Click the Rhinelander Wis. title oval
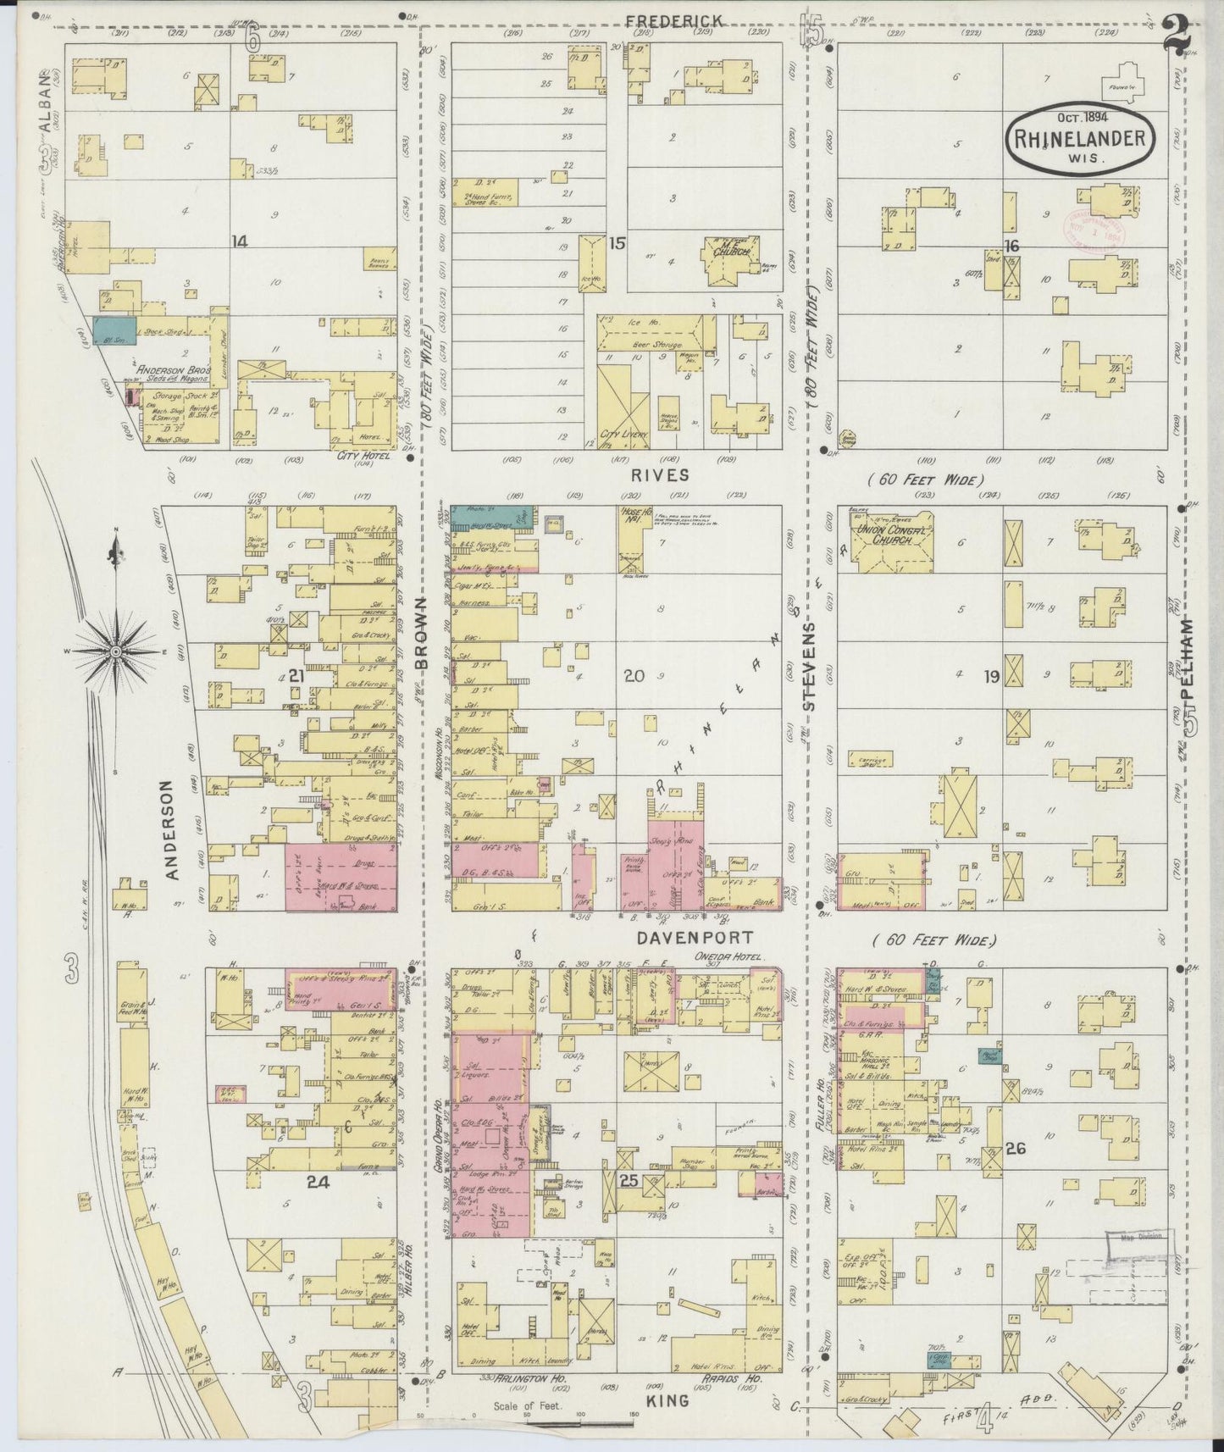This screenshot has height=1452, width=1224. [1082, 138]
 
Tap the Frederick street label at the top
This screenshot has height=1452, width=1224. [674, 20]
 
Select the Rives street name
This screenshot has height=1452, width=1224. [665, 476]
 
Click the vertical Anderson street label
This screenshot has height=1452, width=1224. [172, 829]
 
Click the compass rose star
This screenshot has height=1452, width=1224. [115, 651]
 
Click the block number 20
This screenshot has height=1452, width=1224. [634, 675]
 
